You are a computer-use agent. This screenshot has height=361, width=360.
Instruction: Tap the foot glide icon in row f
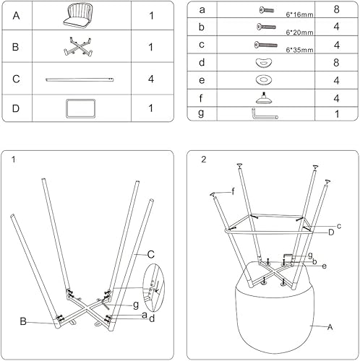click(262, 97)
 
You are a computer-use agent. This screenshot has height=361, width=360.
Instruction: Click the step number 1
click(14, 160)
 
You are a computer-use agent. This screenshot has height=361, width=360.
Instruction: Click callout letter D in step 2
click(330, 232)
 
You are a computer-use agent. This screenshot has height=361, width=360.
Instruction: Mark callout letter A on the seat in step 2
click(330, 327)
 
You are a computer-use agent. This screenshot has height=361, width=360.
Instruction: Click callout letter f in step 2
click(233, 191)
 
